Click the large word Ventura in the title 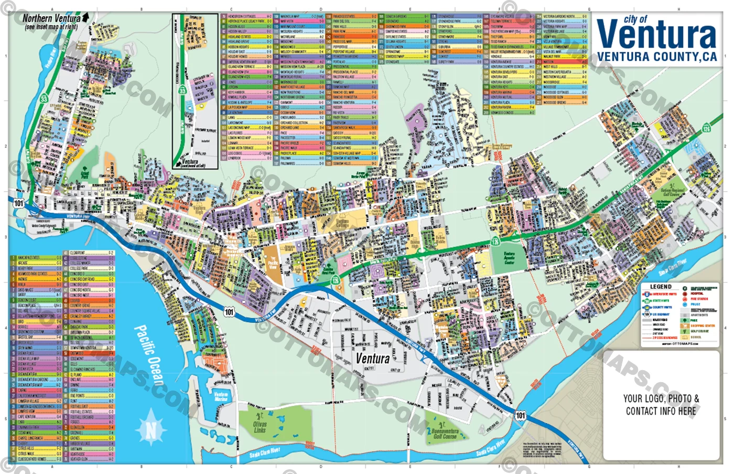(656, 35)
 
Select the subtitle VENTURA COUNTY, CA (656, 57)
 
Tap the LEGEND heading (661, 287)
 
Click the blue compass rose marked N (150, 430)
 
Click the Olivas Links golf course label (260, 426)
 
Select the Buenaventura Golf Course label (445, 433)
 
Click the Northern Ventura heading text (51, 18)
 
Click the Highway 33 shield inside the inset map (182, 90)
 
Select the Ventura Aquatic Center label (509, 257)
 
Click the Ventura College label (342, 224)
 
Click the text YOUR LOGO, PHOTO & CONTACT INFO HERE (661, 405)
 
